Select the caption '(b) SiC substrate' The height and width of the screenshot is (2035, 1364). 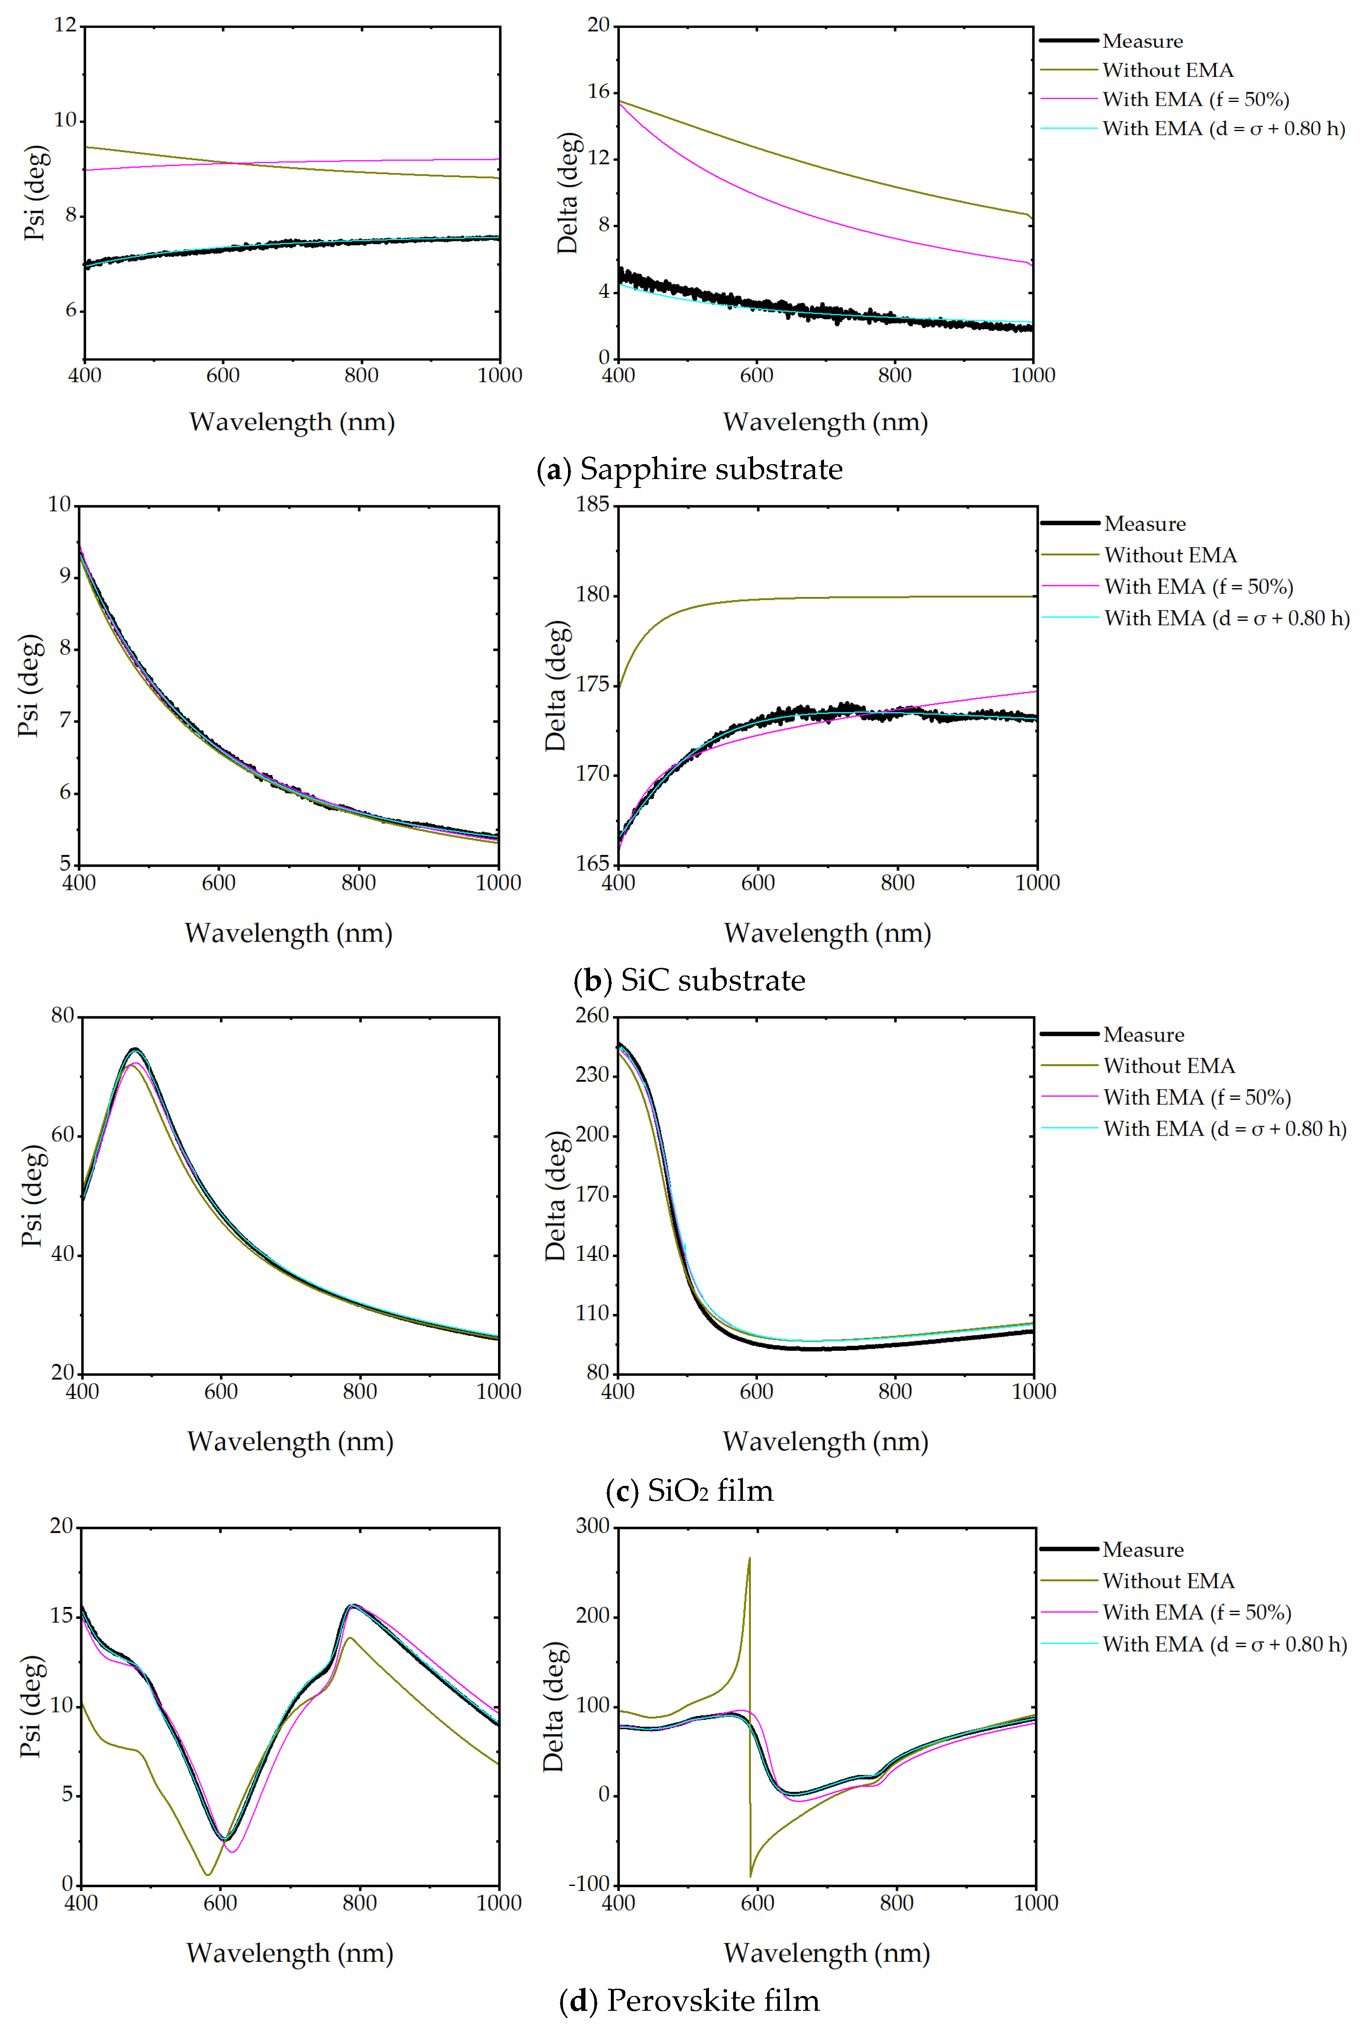click(x=689, y=981)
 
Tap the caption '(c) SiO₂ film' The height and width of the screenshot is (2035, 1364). click(x=689, y=1490)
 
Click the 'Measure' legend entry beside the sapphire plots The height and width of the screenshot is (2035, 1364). click(x=1142, y=41)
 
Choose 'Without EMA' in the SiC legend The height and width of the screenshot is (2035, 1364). click(x=1170, y=555)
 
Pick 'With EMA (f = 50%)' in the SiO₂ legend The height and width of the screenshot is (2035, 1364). click(x=1197, y=1097)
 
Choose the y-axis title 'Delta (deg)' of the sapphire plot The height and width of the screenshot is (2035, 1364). click(x=567, y=193)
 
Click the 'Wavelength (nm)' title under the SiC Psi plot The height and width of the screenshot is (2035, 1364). click(x=289, y=933)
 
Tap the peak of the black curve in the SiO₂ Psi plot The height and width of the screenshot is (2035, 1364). click(x=135, y=1049)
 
